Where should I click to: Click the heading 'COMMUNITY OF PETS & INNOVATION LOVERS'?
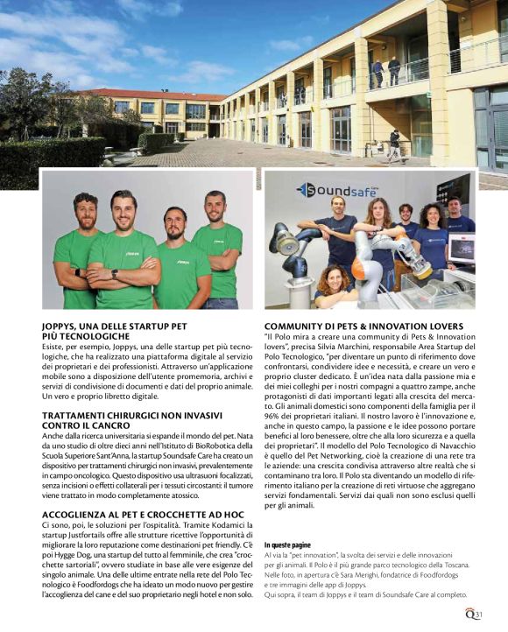[x=363, y=327]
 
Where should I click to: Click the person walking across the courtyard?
[x=395, y=144]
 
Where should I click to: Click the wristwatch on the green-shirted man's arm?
[x=115, y=274]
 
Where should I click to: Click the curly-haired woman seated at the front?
[x=331, y=284]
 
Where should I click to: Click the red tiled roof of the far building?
[x=158, y=94]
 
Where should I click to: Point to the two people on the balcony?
[x=385, y=71]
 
